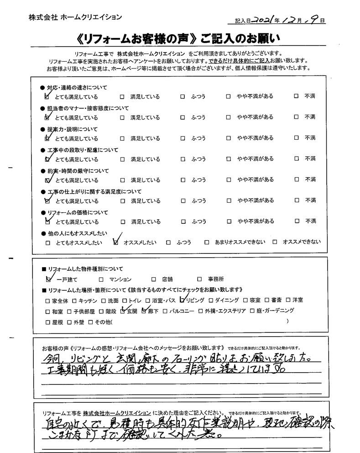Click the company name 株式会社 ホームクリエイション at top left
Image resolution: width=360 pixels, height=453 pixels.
tap(75, 17)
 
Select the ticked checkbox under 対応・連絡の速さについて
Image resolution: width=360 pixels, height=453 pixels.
tap(48, 97)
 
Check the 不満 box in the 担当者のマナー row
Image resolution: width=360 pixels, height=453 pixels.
tap(296, 117)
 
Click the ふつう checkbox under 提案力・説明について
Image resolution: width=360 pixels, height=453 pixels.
tap(182, 138)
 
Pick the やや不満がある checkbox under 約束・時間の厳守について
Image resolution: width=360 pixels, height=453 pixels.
tap(229, 180)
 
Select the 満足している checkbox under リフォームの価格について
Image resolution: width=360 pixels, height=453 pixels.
tap(122, 222)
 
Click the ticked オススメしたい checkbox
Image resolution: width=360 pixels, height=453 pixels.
tap(115, 242)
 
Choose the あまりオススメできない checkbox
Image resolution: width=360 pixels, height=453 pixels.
tap(207, 242)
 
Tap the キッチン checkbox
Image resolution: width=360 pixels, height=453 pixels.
tap(75, 301)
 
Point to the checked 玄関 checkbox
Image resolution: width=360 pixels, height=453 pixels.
tap(122, 311)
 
